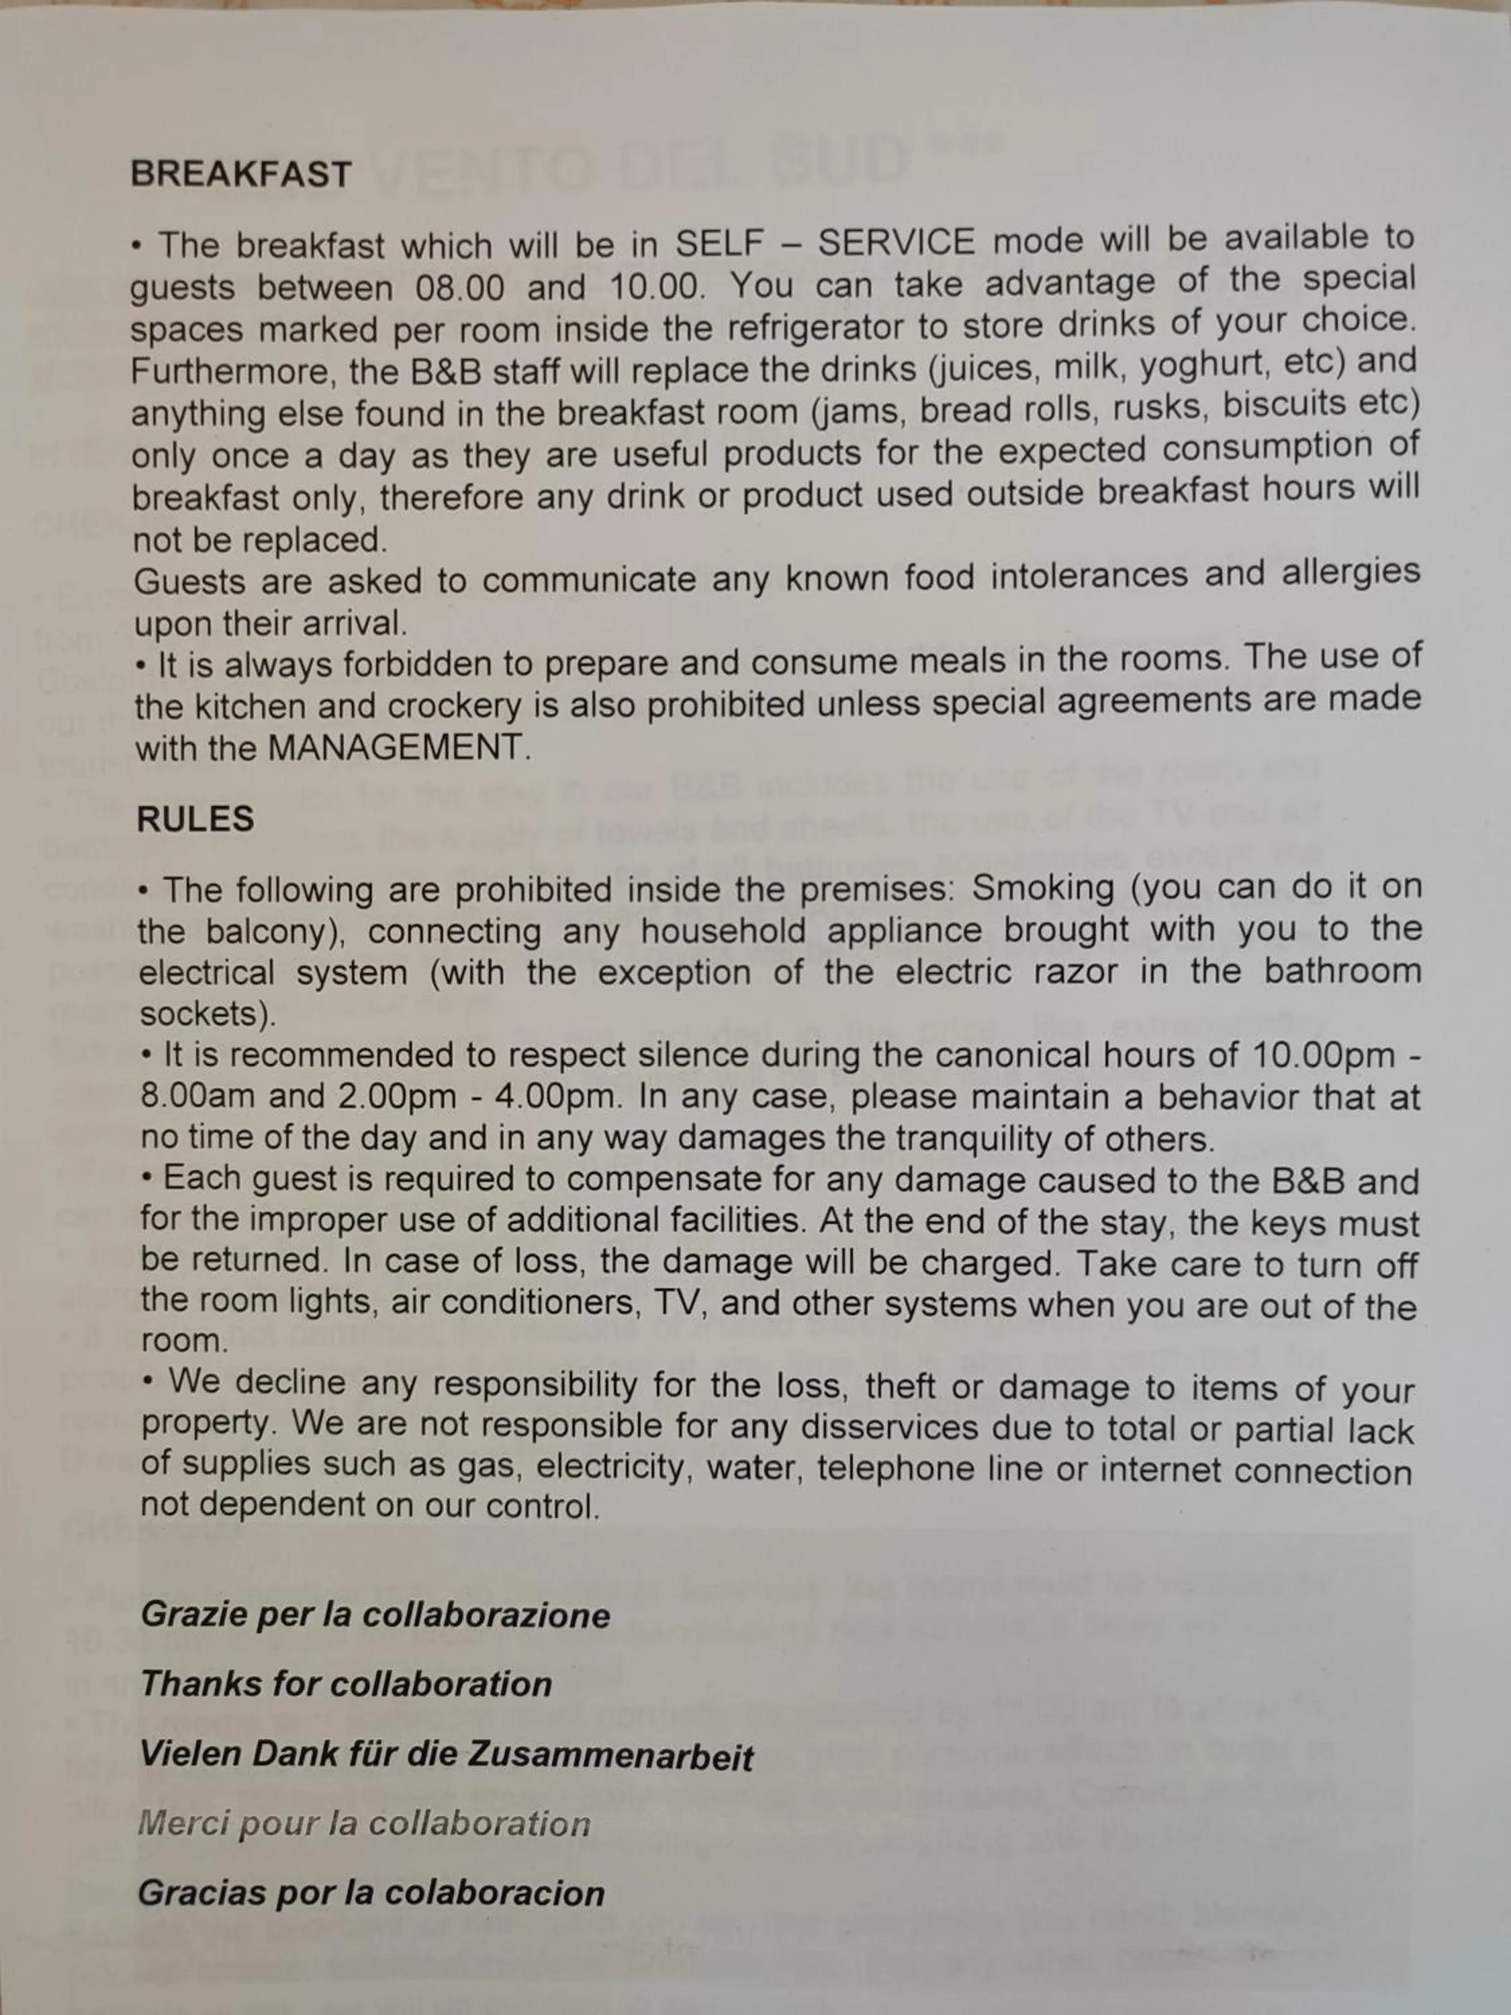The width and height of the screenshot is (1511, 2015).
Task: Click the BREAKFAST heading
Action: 240,174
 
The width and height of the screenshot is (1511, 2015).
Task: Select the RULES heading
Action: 195,819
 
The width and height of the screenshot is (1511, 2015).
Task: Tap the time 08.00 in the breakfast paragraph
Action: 459,289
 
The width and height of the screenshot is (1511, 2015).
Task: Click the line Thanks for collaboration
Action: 346,1685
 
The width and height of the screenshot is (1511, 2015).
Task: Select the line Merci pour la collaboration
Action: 363,1824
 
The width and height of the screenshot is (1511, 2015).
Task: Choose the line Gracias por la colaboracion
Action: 371,1893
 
